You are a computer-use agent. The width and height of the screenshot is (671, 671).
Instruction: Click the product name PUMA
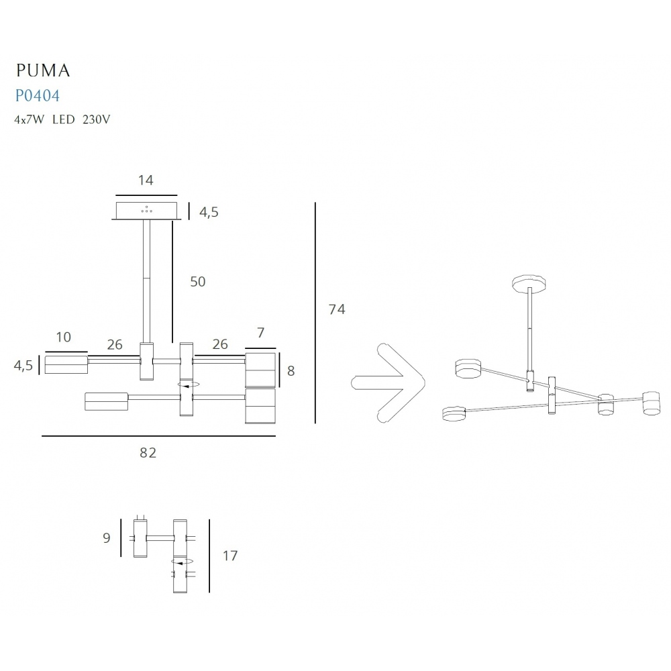click(43, 70)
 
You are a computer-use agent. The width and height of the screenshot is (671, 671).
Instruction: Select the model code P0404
click(37, 95)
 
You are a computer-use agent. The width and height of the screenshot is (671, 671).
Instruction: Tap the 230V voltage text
click(96, 119)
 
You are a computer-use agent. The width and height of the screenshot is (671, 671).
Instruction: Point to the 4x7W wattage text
click(29, 119)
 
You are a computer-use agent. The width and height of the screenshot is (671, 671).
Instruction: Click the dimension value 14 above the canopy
click(146, 180)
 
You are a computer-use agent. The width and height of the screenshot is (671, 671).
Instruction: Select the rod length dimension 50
click(198, 282)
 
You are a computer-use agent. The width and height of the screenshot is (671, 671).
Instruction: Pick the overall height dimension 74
click(337, 309)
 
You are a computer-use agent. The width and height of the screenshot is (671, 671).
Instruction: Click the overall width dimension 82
click(148, 453)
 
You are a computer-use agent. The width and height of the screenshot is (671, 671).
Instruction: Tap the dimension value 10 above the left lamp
click(63, 338)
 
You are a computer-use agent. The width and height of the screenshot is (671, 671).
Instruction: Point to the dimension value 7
click(260, 333)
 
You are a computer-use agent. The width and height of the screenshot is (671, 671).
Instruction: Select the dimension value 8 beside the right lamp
click(291, 371)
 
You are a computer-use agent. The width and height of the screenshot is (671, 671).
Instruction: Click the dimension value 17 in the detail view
click(229, 556)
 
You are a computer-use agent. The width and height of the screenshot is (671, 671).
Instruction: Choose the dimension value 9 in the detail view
click(107, 538)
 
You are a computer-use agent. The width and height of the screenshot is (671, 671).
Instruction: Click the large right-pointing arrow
click(388, 383)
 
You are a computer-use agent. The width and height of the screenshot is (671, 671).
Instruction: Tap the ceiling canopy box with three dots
click(146, 211)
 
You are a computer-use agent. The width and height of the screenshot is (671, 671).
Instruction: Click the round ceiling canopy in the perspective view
click(529, 283)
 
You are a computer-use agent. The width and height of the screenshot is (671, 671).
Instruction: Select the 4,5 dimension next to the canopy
click(209, 212)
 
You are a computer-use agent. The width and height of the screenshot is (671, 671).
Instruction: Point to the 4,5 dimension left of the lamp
click(23, 366)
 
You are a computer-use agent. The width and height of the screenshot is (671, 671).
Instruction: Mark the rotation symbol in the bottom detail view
click(183, 561)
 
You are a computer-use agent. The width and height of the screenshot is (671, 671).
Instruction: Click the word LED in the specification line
click(64, 119)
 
